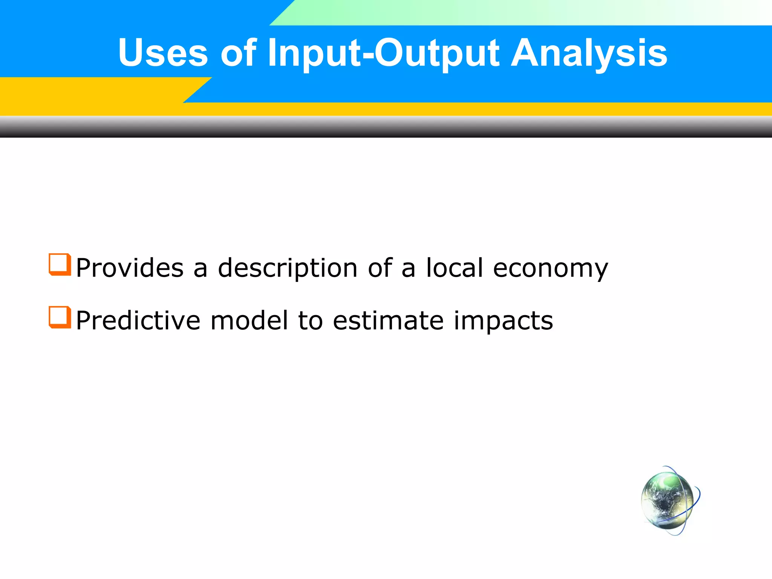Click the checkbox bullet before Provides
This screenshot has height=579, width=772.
click(60, 265)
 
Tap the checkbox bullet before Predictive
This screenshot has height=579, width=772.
click(60, 317)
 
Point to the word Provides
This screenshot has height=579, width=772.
click(130, 268)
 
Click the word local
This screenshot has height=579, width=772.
click(454, 268)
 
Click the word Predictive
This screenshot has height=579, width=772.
click(138, 321)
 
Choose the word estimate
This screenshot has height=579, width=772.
click(388, 321)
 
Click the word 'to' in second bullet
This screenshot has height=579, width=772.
click(310, 321)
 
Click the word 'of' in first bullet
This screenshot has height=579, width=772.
click(380, 268)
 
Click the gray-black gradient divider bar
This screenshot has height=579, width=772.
click(386, 127)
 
